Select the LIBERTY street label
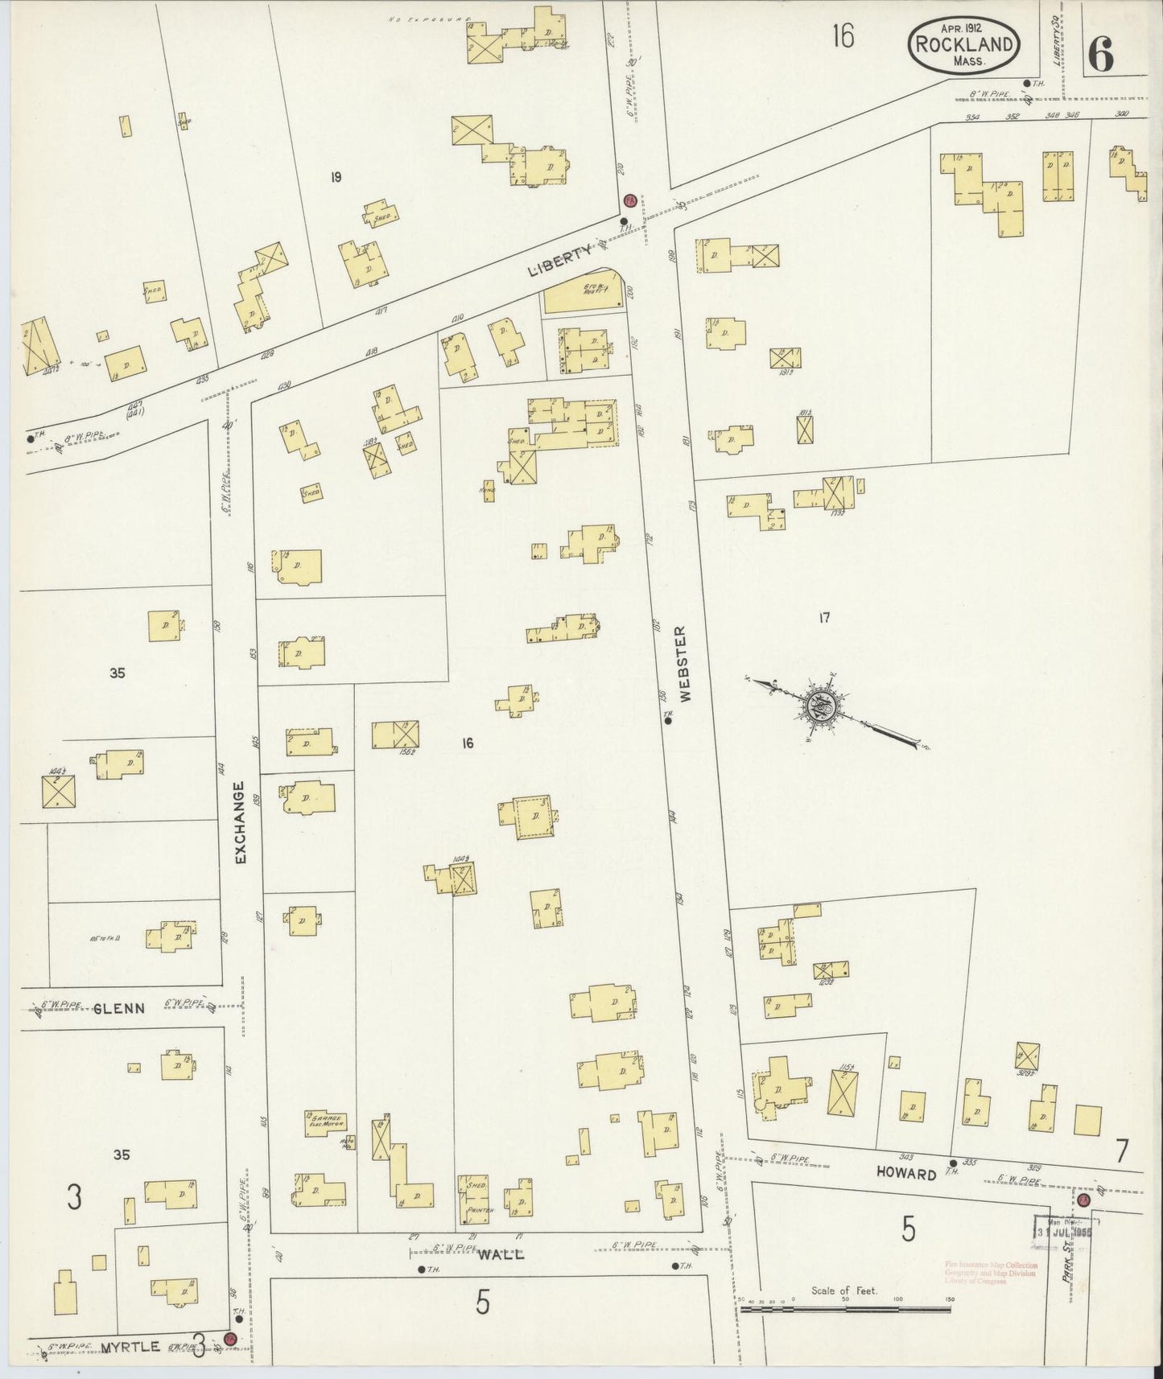pyautogui.click(x=560, y=261)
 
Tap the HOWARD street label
pyautogui.click(x=907, y=1174)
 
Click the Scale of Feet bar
pyautogui.click(x=845, y=1310)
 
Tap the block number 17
pyautogui.click(x=823, y=618)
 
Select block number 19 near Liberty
pyautogui.click(x=336, y=177)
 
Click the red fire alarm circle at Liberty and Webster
pyautogui.click(x=631, y=200)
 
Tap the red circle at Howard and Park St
pyautogui.click(x=1084, y=1200)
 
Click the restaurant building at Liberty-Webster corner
pyautogui.click(x=584, y=297)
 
